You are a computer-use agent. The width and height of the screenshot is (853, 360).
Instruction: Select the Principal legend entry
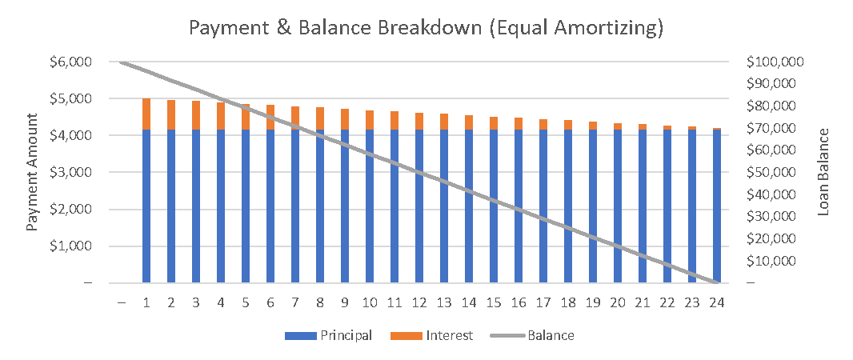[x=328, y=335]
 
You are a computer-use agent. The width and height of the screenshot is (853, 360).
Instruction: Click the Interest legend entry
[x=432, y=335]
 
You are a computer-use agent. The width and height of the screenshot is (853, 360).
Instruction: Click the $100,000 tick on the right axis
[x=775, y=62]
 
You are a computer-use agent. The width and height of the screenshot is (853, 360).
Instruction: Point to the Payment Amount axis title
[x=32, y=172]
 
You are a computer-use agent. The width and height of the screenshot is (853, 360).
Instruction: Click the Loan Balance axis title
[x=824, y=172]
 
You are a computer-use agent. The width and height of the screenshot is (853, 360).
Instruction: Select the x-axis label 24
[x=717, y=302]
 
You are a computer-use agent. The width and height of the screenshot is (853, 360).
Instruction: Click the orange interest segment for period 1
[x=146, y=114]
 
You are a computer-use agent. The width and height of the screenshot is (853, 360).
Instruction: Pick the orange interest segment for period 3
[x=196, y=115]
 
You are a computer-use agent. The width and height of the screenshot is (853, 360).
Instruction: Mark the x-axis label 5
[x=246, y=302]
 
